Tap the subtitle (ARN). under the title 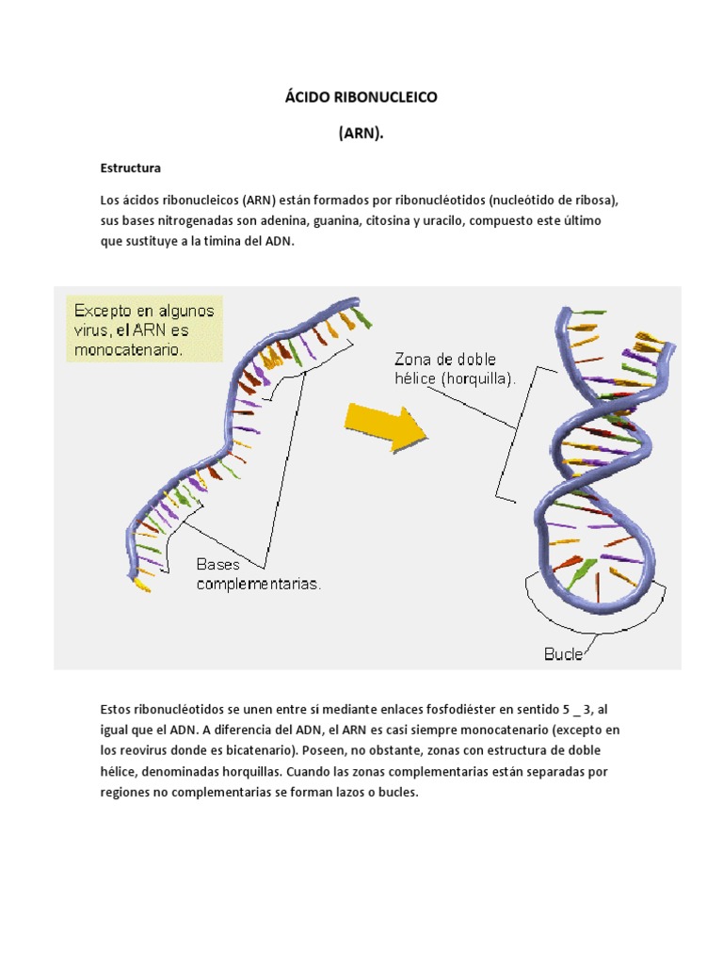click(361, 134)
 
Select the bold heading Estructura click(131, 169)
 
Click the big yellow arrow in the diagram click(386, 426)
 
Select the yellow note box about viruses click(145, 330)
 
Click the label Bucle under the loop click(564, 653)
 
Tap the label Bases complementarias click(258, 574)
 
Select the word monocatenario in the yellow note click(130, 350)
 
